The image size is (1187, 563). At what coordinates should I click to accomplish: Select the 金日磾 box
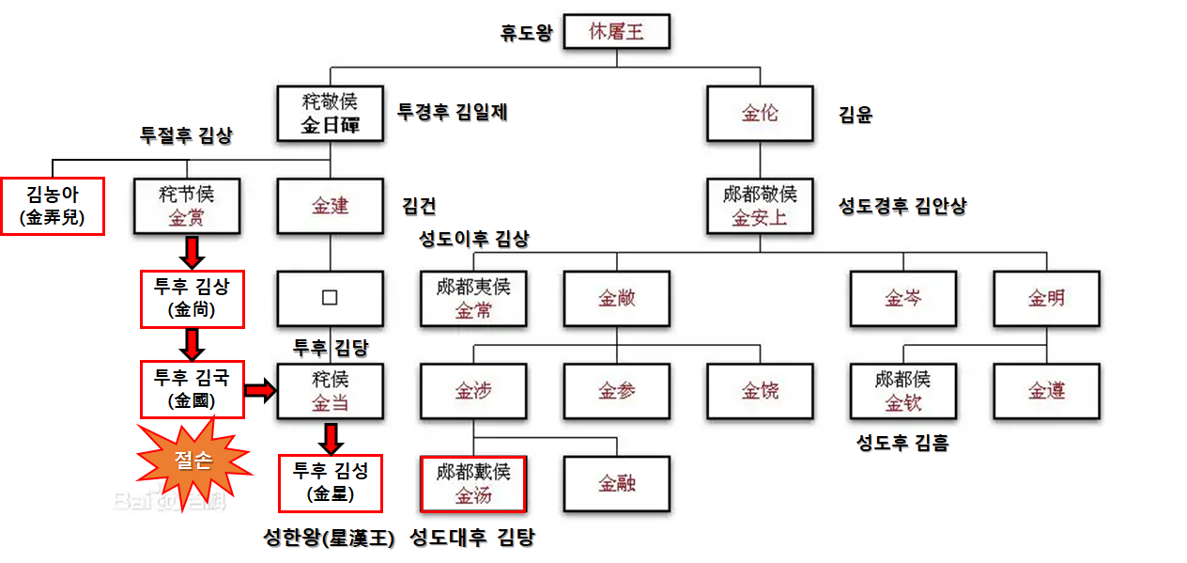point(330,114)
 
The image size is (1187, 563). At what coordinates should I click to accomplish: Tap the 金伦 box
point(760,114)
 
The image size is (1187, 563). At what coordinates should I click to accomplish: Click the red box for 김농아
point(52,206)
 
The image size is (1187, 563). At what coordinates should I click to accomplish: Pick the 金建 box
point(330,206)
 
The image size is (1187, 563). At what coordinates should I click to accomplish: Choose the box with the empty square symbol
point(330,298)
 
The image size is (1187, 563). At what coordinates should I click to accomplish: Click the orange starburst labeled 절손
point(193,460)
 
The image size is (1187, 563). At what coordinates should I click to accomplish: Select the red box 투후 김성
point(331,482)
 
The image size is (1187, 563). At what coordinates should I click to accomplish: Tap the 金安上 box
point(760,206)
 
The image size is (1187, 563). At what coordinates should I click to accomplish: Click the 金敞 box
point(616,298)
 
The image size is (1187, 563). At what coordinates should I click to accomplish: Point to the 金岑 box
point(902,298)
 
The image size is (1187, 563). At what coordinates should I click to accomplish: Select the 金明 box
point(1046,298)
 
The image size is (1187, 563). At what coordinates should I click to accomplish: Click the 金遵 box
point(1046,390)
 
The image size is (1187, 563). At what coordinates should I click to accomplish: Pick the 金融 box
point(616,483)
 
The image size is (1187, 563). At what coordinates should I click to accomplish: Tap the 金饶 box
point(760,390)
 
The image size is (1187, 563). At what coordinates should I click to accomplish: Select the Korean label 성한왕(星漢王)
point(329,539)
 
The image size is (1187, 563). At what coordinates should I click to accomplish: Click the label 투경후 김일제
point(453,111)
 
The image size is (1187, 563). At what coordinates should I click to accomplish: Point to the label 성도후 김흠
point(902,442)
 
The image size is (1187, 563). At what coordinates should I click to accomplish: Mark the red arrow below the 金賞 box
point(192,252)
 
